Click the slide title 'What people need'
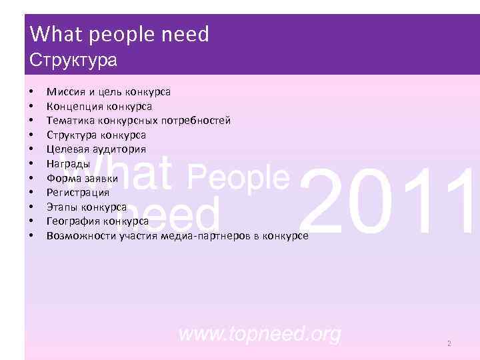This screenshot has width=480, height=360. [x=120, y=34]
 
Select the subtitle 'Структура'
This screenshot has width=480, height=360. [x=74, y=60]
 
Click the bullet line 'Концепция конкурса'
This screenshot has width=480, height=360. [x=99, y=106]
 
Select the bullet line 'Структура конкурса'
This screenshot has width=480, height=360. [x=96, y=135]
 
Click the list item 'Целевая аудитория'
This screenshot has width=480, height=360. [x=96, y=149]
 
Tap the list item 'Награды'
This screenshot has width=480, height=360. [x=69, y=163]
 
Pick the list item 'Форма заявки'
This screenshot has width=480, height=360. [x=83, y=178]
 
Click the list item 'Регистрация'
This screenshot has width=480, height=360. [x=78, y=192]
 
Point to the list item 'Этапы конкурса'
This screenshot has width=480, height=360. [x=87, y=207]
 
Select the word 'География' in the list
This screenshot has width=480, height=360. [x=72, y=221]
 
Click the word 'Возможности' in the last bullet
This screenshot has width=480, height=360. [x=81, y=235]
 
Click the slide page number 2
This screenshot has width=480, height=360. [x=449, y=343]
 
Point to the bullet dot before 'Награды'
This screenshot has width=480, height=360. [x=31, y=163]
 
